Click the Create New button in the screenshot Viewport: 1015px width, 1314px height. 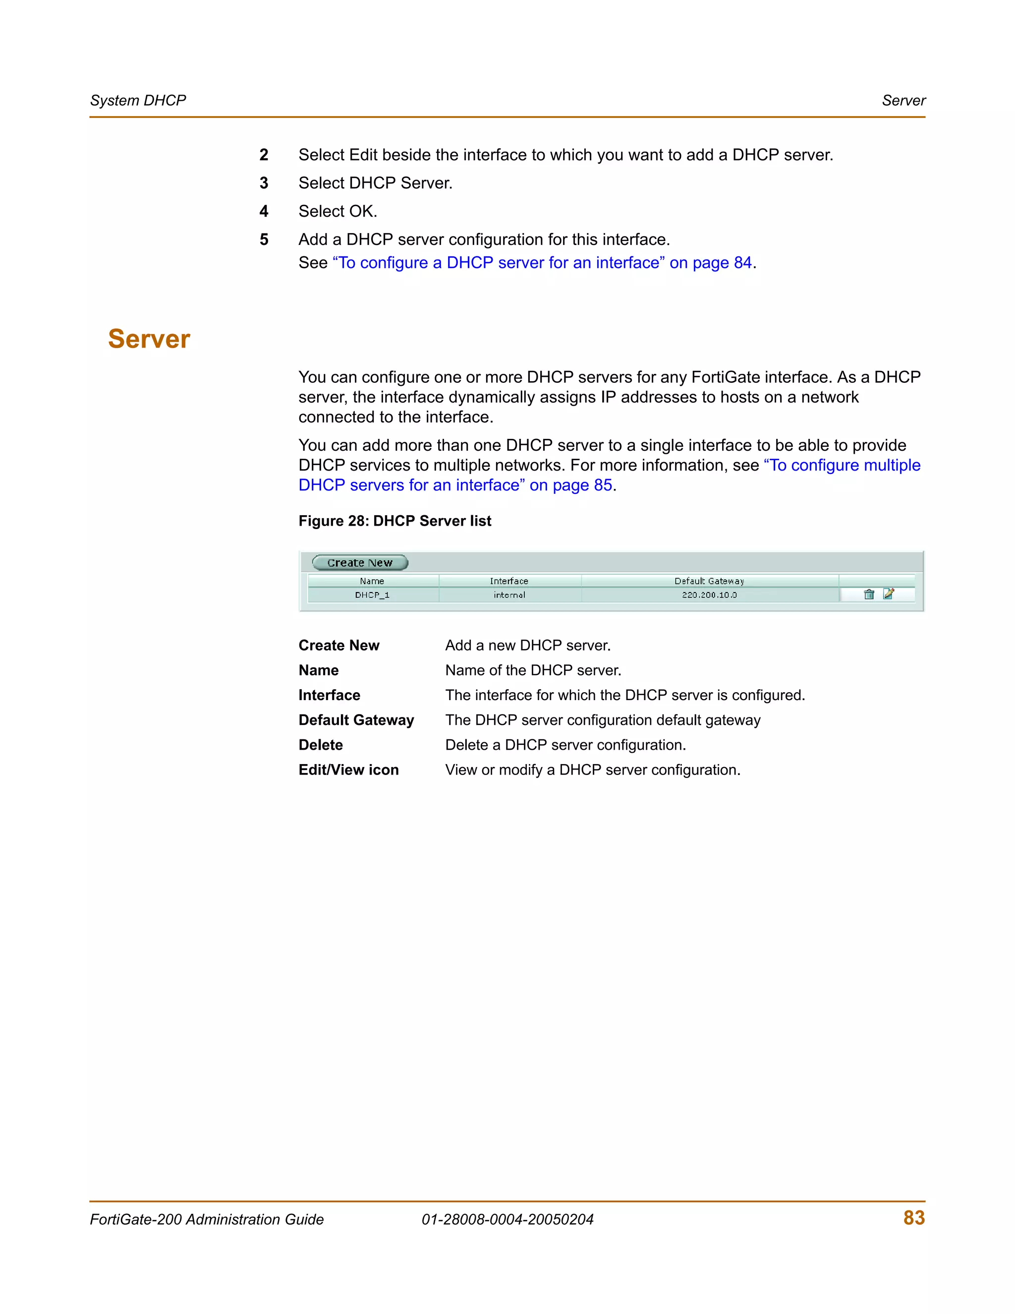pyautogui.click(x=360, y=563)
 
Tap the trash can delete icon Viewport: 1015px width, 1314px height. pyautogui.click(x=868, y=595)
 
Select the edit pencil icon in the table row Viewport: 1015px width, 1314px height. pyautogui.click(x=889, y=594)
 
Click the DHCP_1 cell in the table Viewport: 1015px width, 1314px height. pyautogui.click(x=372, y=595)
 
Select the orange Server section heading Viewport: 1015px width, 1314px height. pyautogui.click(x=149, y=339)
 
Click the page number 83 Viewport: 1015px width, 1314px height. pyautogui.click(x=913, y=1218)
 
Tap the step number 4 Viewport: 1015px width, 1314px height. pyautogui.click(x=264, y=211)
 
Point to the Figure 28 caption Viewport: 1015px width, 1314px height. pyautogui.click(x=395, y=521)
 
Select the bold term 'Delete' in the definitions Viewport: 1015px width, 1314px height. pyautogui.click(x=321, y=745)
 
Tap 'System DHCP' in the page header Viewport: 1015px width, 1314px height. pyautogui.click(x=138, y=101)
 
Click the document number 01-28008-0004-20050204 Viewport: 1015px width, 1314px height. pyautogui.click(x=507, y=1220)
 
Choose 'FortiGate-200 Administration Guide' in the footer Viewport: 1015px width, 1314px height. pyautogui.click(x=206, y=1220)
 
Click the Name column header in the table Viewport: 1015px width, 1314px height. pyautogui.click(x=372, y=581)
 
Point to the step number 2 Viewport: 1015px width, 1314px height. pyautogui.click(x=264, y=155)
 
